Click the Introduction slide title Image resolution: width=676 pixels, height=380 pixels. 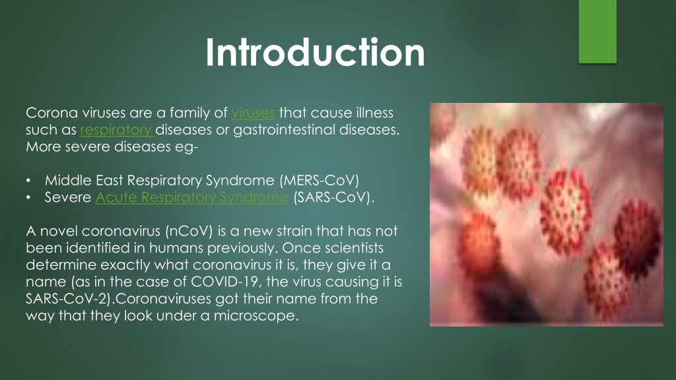tap(315, 52)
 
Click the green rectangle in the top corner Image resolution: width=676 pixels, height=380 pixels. tap(597, 32)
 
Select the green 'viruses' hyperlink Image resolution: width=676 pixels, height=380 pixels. tap(253, 113)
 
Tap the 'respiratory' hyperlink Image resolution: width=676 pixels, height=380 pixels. tap(117, 130)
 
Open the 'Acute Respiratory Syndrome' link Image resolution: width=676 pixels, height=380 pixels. tap(192, 197)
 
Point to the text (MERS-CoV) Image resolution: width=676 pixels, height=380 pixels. tap(320, 180)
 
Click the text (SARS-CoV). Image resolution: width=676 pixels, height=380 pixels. tap(333, 197)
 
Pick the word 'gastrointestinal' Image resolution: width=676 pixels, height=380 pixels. tap(284, 130)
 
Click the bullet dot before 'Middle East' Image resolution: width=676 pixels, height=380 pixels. tap(28, 181)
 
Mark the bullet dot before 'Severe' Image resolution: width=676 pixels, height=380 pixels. tap(28, 197)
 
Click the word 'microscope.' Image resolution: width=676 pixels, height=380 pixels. tap(256, 316)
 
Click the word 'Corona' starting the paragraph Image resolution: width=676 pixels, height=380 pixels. tap(51, 113)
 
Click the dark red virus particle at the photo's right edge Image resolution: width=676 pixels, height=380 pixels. tap(638, 234)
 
